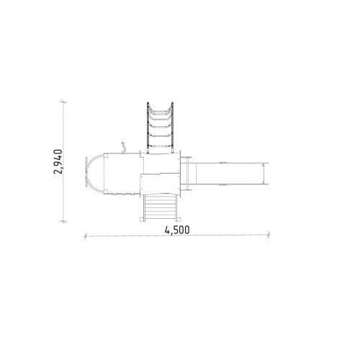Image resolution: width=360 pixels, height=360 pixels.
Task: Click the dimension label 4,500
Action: click(x=177, y=230)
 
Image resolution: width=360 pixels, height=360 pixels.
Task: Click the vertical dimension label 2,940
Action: click(x=58, y=161)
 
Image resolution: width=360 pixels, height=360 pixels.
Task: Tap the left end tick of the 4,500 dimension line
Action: click(x=85, y=236)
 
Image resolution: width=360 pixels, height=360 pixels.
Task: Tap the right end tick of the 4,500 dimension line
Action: click(x=269, y=235)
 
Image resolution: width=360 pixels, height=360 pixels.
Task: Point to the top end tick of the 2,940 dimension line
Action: click(x=63, y=102)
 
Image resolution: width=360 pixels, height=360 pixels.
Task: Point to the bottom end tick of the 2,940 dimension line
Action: click(x=63, y=221)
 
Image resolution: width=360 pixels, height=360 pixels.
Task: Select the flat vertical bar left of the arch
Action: click(x=86, y=172)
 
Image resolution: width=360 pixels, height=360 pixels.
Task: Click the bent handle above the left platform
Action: click(x=123, y=148)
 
